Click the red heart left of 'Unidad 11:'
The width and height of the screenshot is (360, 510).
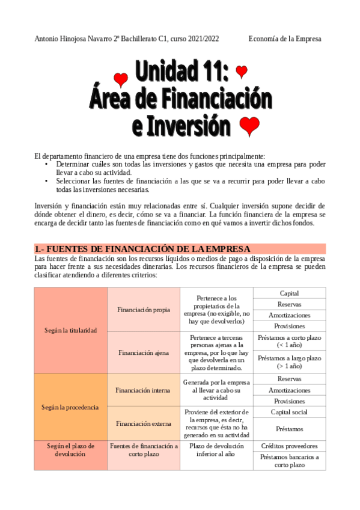click(x=121, y=79)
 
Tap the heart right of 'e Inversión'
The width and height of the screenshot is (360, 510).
click(x=249, y=126)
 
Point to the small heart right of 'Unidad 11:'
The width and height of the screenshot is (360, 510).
click(x=242, y=72)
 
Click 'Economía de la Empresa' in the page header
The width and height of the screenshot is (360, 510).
click(x=285, y=38)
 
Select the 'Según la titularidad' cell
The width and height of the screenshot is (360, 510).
click(x=70, y=330)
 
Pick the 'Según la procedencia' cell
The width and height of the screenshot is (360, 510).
click(x=70, y=407)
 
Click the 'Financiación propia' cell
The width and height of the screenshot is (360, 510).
click(x=144, y=310)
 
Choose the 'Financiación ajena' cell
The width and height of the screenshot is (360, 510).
click(x=144, y=352)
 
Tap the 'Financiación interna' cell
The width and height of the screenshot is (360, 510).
click(x=144, y=390)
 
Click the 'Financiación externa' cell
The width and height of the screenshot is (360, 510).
click(x=144, y=423)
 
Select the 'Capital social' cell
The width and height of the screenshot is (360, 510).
click(x=289, y=413)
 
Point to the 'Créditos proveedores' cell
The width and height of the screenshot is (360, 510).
click(x=289, y=446)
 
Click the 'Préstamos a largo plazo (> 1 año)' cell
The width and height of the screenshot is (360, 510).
click(x=289, y=362)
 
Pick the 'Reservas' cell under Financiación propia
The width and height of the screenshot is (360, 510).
click(x=289, y=304)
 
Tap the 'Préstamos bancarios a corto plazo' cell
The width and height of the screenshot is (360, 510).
click(x=289, y=461)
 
